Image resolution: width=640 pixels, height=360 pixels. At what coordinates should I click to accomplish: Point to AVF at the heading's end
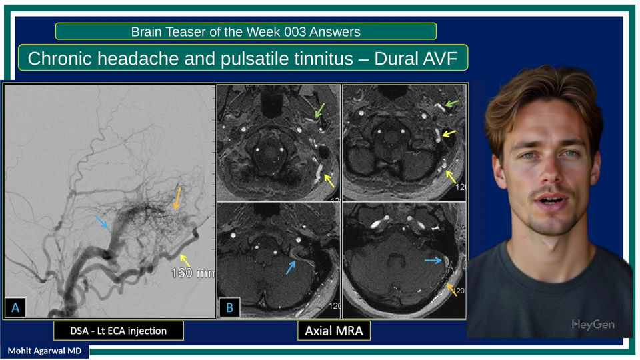[x=439, y=59]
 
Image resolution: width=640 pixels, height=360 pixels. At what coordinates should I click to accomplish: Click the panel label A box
[x=15, y=307]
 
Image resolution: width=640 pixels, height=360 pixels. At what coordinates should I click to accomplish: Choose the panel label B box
[x=229, y=307]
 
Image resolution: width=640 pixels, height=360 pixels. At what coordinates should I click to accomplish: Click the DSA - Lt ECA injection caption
[x=119, y=331]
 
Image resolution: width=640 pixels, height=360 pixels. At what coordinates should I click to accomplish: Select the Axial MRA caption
[x=334, y=331]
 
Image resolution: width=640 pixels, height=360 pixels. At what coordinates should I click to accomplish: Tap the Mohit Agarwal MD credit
[x=45, y=351]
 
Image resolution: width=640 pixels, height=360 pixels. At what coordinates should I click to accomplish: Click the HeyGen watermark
[x=593, y=325]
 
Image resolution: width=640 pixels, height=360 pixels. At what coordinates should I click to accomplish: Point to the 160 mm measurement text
[x=193, y=273]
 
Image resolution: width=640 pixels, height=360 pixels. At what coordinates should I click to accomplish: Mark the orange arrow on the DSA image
[x=177, y=199]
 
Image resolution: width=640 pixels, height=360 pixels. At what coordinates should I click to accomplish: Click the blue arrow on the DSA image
[x=101, y=222]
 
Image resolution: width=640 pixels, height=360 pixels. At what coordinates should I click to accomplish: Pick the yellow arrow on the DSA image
[x=185, y=260]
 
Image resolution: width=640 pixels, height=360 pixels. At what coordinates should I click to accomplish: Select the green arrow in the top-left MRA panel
[x=319, y=111]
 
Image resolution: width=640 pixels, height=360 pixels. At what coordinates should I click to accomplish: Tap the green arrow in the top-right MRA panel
[x=452, y=104]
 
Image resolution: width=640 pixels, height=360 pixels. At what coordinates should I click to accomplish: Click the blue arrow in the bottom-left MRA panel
[x=291, y=267]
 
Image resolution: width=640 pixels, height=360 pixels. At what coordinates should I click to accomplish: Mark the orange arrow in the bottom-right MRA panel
[x=451, y=289]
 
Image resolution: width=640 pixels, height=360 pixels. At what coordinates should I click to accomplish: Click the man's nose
[x=550, y=171]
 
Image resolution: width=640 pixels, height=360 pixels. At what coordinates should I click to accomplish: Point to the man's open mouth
[x=551, y=200]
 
